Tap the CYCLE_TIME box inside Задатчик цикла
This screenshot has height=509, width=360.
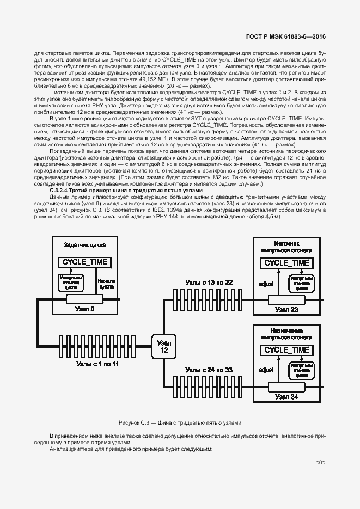[x=84, y=262]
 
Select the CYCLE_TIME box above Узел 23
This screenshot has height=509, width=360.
[x=286, y=263]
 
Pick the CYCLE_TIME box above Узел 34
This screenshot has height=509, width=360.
[x=286, y=349]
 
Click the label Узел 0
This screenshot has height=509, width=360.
[x=85, y=309]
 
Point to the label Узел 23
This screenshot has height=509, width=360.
[x=286, y=310]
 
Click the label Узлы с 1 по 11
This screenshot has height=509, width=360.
[x=97, y=363]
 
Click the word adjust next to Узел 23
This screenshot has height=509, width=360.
[x=266, y=284]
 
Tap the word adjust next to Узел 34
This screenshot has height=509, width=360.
[x=266, y=370]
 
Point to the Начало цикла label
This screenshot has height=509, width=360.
[x=106, y=284]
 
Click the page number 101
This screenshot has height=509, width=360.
[x=320, y=463]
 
